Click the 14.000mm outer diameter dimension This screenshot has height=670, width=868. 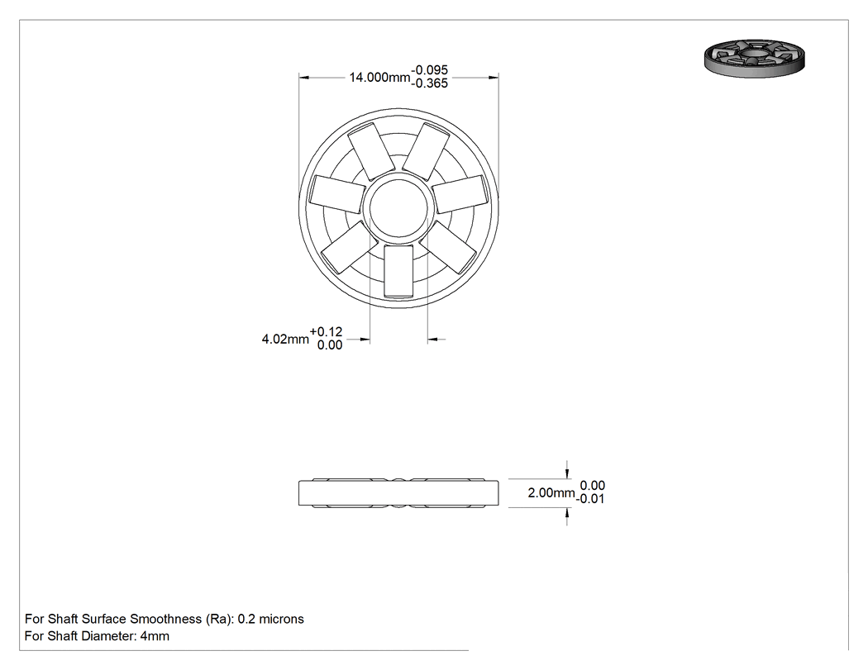[379, 78]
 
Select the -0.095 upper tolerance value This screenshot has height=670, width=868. [430, 70]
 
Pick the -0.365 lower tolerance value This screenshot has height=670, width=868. [430, 83]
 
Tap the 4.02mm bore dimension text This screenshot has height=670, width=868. [285, 339]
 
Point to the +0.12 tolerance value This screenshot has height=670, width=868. [326, 332]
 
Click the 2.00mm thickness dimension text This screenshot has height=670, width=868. [551, 492]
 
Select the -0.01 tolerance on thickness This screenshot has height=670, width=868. [591, 499]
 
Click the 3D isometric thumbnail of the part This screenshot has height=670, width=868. [755, 58]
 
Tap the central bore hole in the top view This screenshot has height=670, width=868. [398, 208]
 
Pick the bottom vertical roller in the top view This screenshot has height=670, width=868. [398, 271]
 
